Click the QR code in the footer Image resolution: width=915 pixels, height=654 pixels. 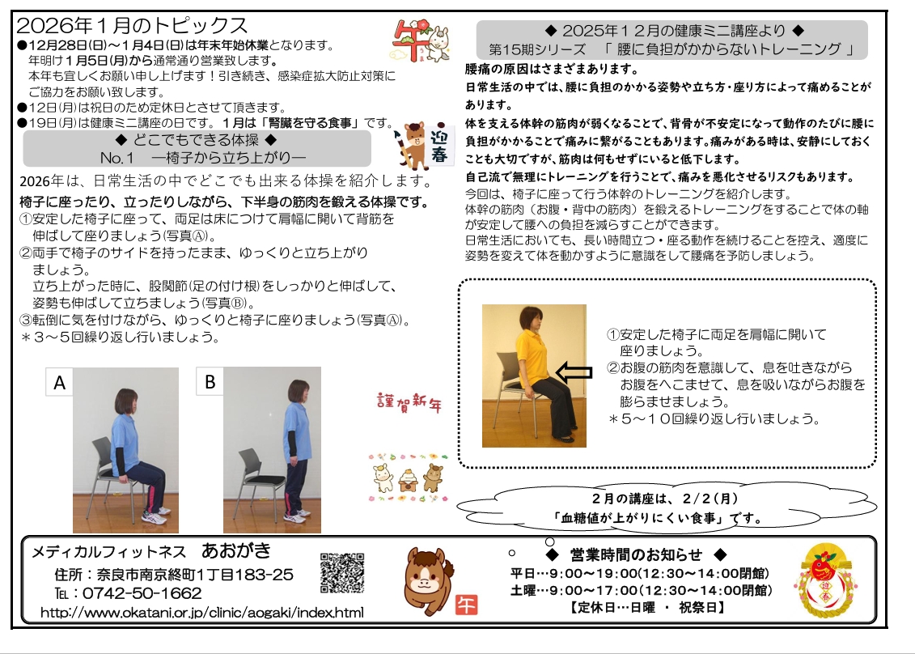click(342, 573)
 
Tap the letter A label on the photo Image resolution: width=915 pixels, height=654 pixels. click(59, 383)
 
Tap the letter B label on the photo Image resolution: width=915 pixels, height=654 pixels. click(210, 381)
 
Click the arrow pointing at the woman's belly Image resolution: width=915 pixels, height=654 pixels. click(574, 372)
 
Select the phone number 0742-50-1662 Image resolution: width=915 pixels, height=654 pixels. click(142, 593)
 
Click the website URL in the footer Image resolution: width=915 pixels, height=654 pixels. click(202, 613)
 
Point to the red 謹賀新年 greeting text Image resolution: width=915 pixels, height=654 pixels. click(409, 402)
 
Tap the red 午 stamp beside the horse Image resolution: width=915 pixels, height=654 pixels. click(466, 605)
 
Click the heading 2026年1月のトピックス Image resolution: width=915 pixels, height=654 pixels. click(133, 25)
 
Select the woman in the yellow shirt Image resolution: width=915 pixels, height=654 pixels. click(544, 374)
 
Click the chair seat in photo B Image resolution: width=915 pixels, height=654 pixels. click(265, 479)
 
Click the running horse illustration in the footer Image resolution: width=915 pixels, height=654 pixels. click(429, 580)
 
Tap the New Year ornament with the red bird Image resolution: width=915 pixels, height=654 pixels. click(825, 580)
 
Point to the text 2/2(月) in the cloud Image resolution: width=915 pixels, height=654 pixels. click(710, 498)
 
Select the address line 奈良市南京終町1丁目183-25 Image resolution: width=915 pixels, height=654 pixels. click(195, 575)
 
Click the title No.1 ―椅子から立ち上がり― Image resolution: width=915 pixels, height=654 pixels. click(203, 158)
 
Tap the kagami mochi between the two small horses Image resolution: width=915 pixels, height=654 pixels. click(407, 479)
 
